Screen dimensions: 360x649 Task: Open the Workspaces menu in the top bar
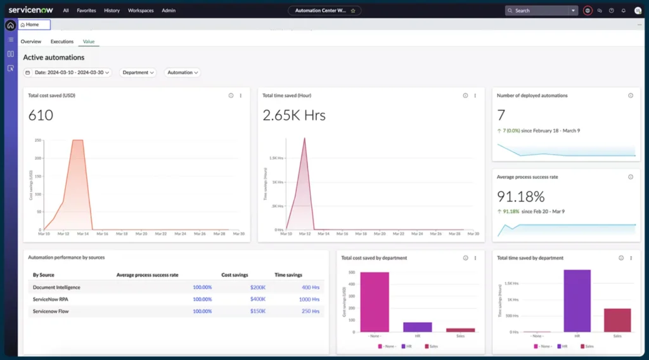coord(141,11)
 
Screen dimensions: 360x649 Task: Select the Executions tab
coord(62,42)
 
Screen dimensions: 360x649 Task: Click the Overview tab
coord(31,42)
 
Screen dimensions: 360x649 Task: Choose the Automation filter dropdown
coord(183,73)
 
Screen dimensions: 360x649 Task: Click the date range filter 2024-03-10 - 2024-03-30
coord(68,73)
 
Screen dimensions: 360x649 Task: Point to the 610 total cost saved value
coord(41,115)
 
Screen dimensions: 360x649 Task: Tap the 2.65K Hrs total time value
coord(294,115)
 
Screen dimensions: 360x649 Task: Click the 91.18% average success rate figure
coord(520,196)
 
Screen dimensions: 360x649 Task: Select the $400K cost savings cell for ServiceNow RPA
coord(257,299)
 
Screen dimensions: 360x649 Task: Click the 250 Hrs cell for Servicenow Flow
coord(310,311)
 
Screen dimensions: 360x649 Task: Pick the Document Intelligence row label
coord(56,287)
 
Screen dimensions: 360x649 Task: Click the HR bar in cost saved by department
coord(417,327)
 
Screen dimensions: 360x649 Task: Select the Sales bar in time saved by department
coord(617,320)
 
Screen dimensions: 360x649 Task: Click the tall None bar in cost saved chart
coord(375,302)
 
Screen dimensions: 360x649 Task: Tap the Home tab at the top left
coord(34,25)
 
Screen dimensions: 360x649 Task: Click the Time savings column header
coord(288,275)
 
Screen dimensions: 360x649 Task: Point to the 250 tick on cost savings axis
coord(37,140)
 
